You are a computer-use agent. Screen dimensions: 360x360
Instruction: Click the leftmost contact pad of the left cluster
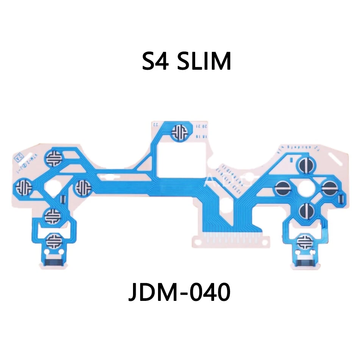(x=23, y=186)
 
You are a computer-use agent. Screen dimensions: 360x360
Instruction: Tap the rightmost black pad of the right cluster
(x=329, y=187)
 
